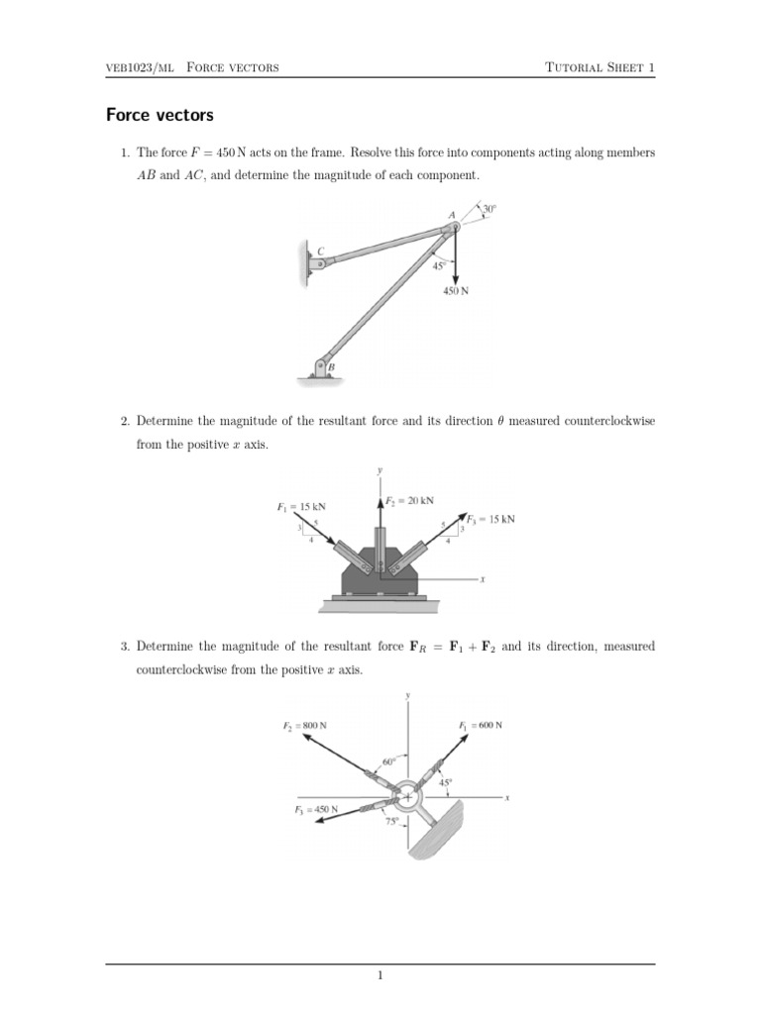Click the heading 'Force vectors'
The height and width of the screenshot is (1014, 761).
[x=160, y=116]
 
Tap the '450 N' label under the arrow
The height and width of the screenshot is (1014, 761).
[x=456, y=291]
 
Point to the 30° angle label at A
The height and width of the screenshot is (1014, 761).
[x=489, y=209]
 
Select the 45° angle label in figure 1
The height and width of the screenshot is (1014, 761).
[x=439, y=265]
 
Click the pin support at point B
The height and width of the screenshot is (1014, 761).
[x=322, y=368]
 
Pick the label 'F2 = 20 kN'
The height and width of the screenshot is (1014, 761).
[x=409, y=501]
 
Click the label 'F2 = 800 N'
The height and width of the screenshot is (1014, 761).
[x=305, y=726]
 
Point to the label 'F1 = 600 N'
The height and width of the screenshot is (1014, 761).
[x=481, y=726]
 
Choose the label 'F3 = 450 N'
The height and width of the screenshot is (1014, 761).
[x=316, y=809]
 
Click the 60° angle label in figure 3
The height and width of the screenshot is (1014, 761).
[x=388, y=761]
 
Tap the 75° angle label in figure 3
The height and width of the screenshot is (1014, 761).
[x=392, y=821]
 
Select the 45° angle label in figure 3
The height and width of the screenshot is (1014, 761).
[x=447, y=781]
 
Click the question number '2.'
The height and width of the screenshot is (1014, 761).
[x=126, y=422]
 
